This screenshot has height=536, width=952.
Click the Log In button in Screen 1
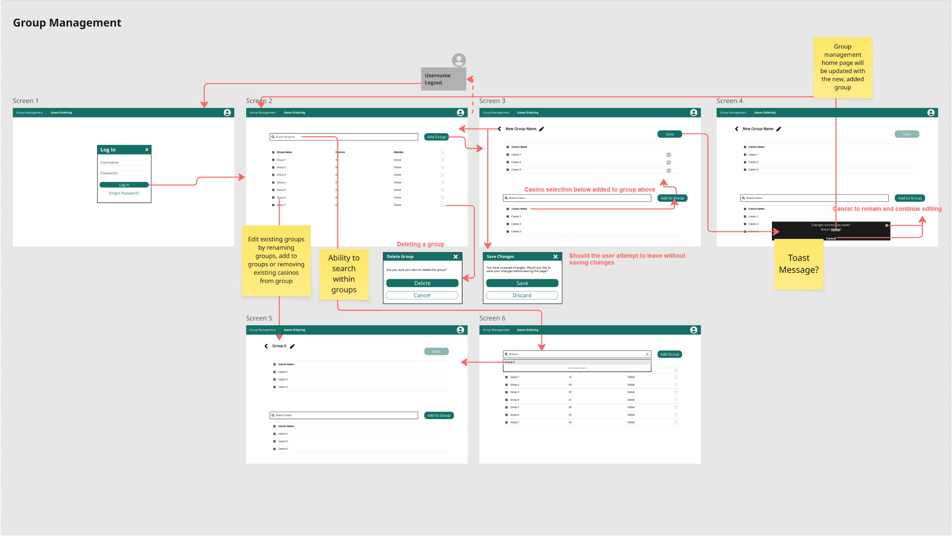(x=124, y=185)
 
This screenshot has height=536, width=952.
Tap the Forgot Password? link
(x=124, y=193)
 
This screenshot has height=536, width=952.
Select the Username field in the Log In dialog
(x=124, y=163)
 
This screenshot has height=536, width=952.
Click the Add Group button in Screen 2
(x=436, y=137)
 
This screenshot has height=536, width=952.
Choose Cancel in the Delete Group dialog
(x=422, y=295)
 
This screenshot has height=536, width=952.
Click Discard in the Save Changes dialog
(x=522, y=295)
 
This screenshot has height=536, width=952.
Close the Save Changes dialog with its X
(x=555, y=256)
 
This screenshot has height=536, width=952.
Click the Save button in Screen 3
(x=669, y=134)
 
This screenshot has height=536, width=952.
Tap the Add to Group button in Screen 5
(x=439, y=415)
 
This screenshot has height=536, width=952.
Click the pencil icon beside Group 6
(x=292, y=346)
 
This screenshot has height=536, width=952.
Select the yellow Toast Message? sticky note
(x=799, y=264)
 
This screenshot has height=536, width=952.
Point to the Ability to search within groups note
(x=344, y=274)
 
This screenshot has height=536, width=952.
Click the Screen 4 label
(x=729, y=101)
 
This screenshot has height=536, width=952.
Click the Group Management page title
(x=67, y=23)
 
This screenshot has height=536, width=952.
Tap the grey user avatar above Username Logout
(x=459, y=60)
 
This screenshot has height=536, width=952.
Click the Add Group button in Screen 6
(x=669, y=354)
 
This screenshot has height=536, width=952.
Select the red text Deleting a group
(x=421, y=244)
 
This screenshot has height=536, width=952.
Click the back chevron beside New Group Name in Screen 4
(x=736, y=129)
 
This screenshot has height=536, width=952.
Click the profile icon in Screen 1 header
(x=227, y=112)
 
